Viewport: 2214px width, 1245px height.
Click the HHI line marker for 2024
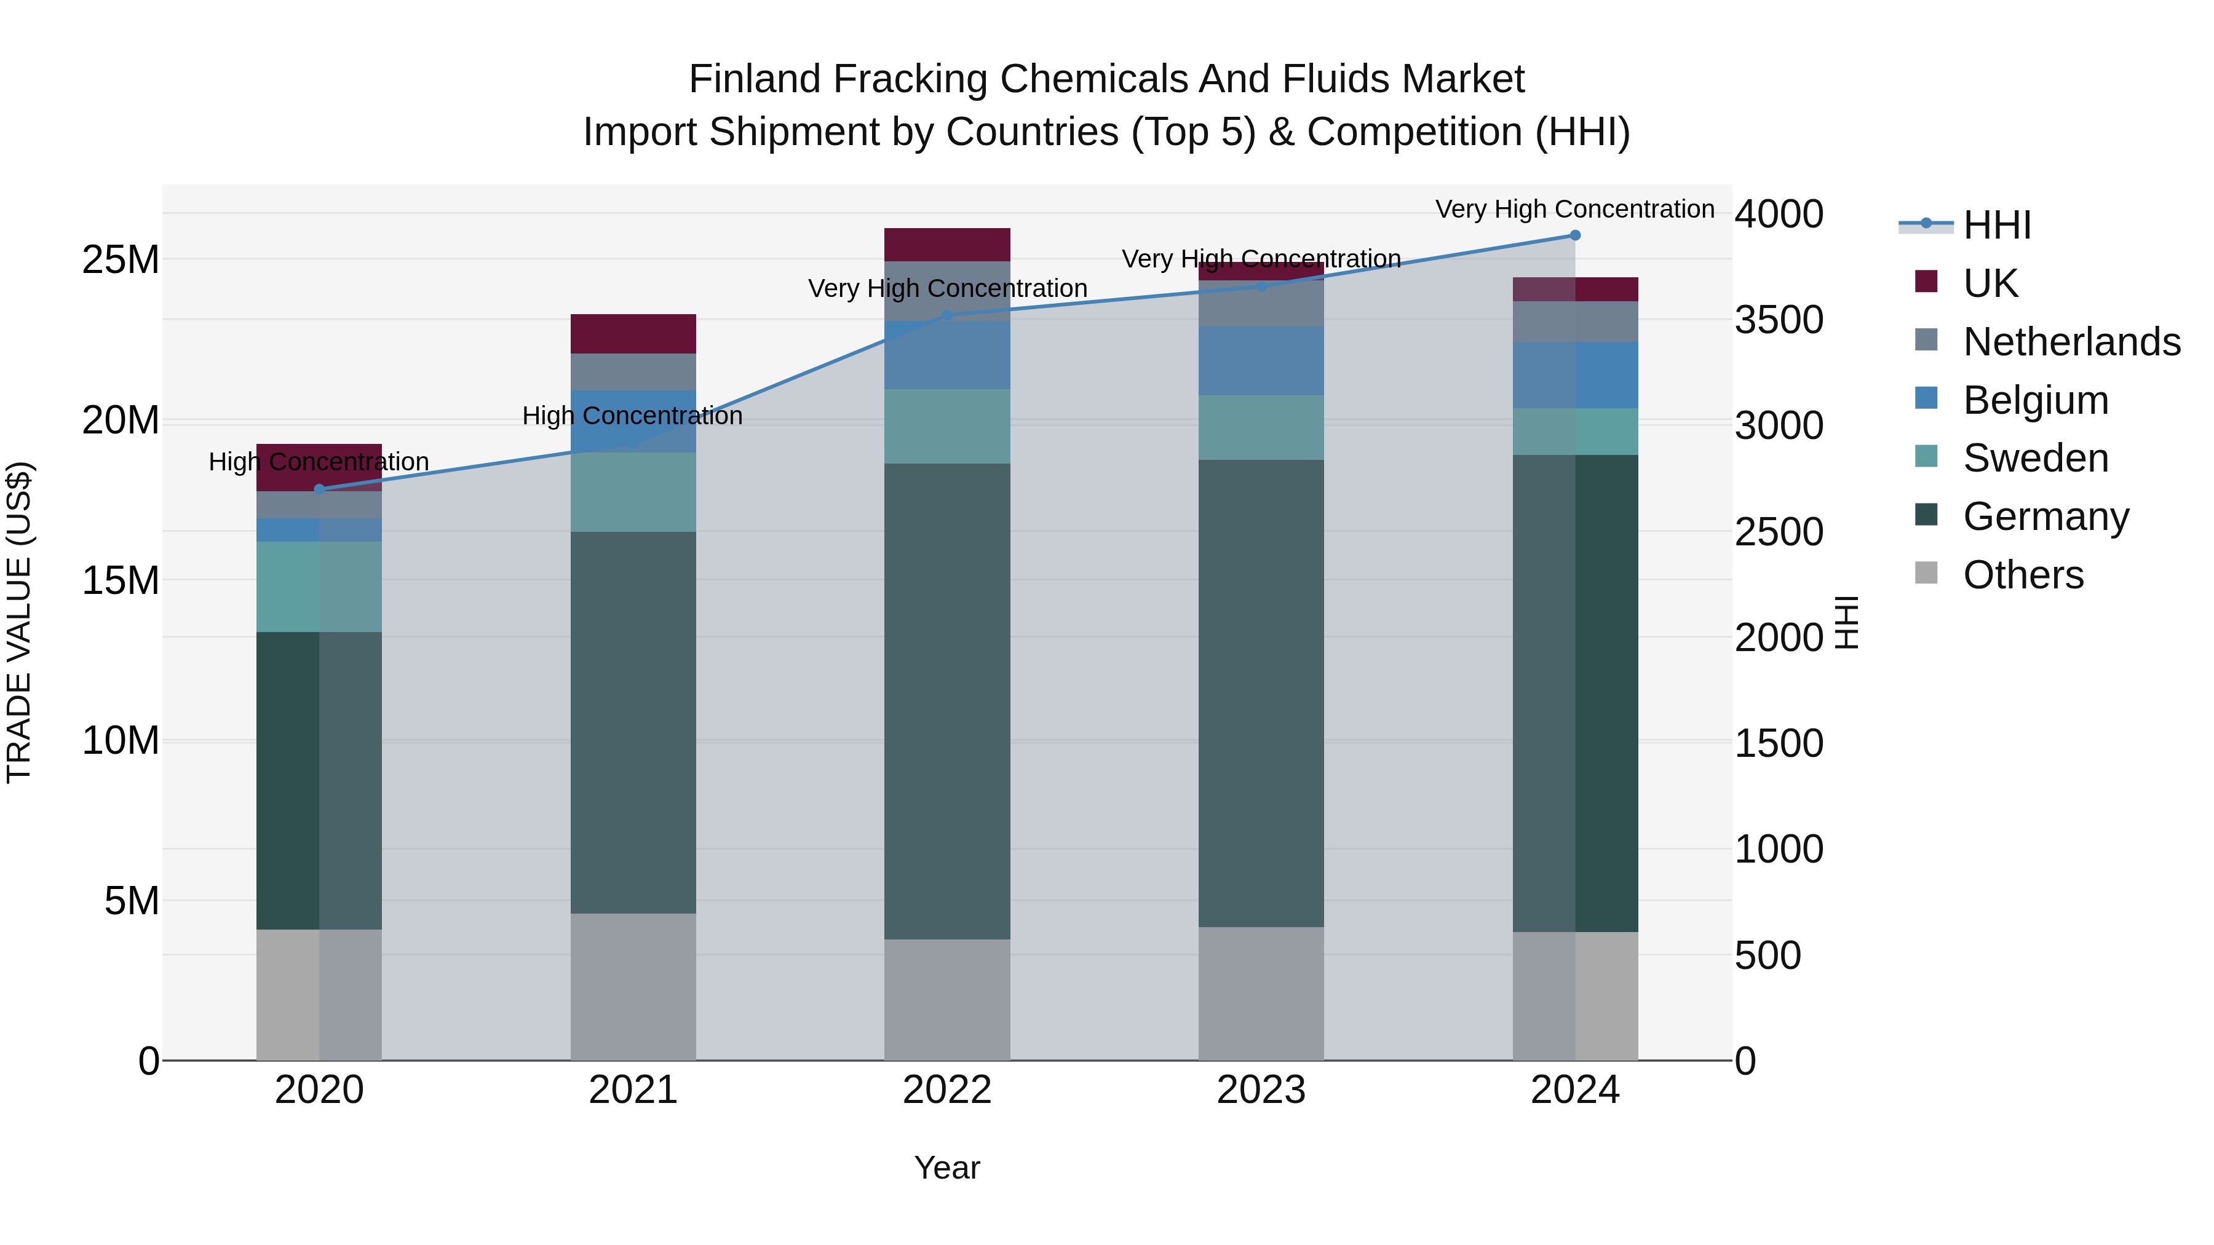tap(1574, 235)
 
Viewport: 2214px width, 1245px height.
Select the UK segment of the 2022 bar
tap(947, 245)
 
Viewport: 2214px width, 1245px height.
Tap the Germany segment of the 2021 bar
tap(633, 722)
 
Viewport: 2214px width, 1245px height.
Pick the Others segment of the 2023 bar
tap(1261, 994)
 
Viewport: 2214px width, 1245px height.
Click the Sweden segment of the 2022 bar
tap(947, 426)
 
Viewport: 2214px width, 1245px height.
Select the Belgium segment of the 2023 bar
tap(1261, 361)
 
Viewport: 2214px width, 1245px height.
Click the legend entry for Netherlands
tap(2071, 342)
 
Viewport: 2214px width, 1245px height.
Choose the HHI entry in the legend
tap(1996, 225)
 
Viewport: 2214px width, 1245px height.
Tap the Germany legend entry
tap(2045, 516)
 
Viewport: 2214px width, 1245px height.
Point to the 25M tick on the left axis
tap(121, 259)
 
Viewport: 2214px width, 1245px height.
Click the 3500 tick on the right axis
tap(1778, 320)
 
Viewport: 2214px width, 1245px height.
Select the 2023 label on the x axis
tap(1261, 1090)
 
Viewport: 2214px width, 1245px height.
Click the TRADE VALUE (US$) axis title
tap(19, 622)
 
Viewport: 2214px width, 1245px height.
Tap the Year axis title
tap(947, 1168)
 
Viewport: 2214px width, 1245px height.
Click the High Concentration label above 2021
tap(633, 416)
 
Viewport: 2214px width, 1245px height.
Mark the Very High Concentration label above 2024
tap(1574, 210)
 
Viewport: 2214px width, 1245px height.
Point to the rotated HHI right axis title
tap(1846, 622)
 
